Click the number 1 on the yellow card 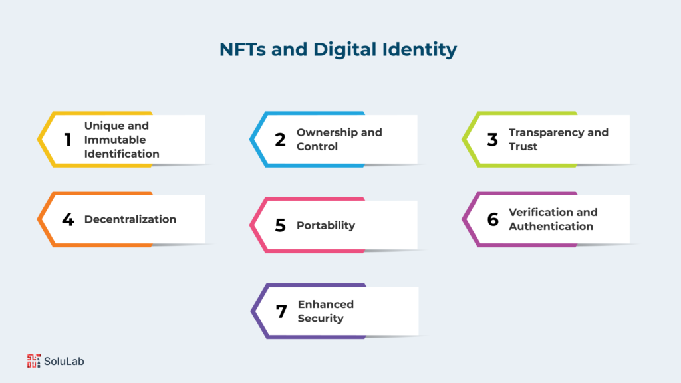(x=67, y=140)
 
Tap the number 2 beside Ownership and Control (x=280, y=140)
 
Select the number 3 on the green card (x=492, y=140)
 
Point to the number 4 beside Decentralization (x=68, y=219)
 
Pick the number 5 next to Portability (x=280, y=225)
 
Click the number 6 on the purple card (x=493, y=219)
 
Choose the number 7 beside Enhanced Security (x=281, y=311)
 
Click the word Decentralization (x=130, y=219)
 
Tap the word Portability (x=325, y=225)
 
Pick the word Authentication (x=551, y=226)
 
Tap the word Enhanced (x=325, y=304)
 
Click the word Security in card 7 (x=321, y=318)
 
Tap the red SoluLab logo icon (x=33, y=361)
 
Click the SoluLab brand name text (x=65, y=362)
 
